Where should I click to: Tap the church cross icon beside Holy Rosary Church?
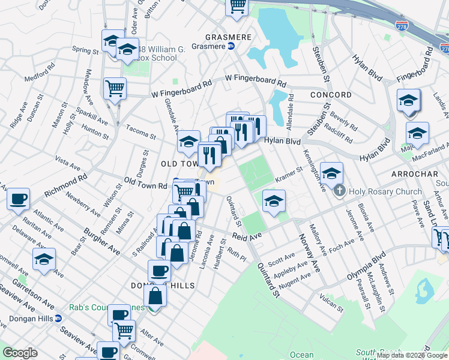339,192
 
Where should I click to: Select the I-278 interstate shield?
401,26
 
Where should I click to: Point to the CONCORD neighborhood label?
331,95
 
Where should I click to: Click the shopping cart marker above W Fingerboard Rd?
114,88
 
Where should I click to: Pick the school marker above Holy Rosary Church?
331,173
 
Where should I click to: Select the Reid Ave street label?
247,238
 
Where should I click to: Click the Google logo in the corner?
20,353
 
